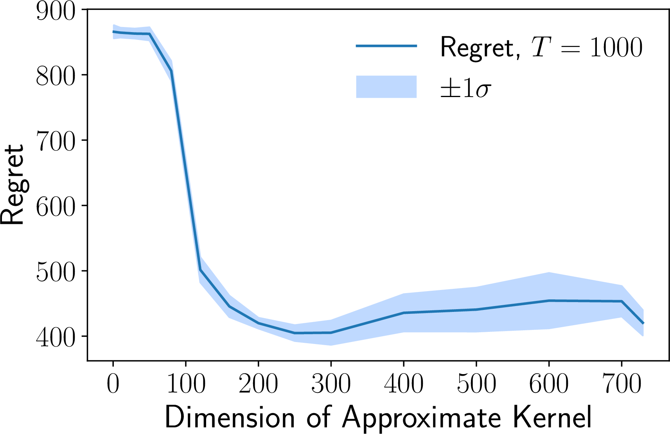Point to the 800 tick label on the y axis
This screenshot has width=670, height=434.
55,75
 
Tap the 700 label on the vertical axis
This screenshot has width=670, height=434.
55,140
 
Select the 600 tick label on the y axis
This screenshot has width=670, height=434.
55,205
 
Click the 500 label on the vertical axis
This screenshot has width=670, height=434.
55,271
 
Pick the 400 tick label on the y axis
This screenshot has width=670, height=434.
55,336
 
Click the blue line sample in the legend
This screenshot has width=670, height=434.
386,46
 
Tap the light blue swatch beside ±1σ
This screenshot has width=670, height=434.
386,87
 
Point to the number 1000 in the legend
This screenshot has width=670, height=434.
616,47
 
